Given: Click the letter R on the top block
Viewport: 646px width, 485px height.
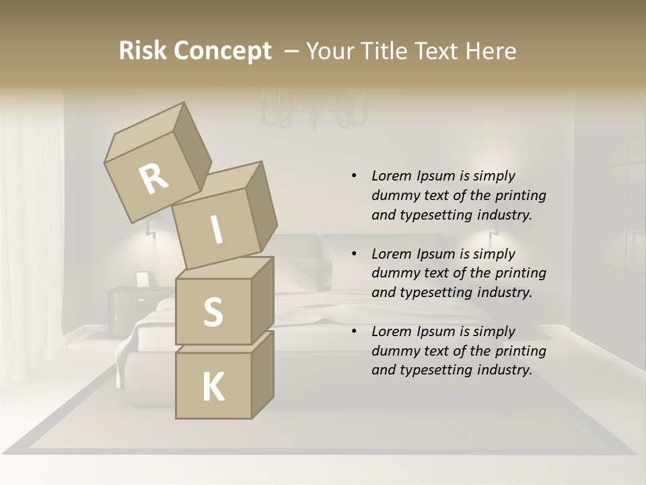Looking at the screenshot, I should click(x=154, y=179).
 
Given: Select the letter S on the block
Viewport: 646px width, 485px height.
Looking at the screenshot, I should click(x=213, y=313).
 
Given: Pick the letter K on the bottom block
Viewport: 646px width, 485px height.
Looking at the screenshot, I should click(x=213, y=387).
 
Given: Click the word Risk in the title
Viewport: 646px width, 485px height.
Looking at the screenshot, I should click(x=142, y=51).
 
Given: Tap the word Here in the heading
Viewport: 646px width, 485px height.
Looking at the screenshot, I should click(x=492, y=51).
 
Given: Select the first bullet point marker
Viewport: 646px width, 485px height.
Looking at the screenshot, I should click(x=354, y=176).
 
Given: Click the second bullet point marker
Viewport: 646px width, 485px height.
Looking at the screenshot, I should click(x=354, y=254).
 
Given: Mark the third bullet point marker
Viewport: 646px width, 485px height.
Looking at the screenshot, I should click(x=354, y=331).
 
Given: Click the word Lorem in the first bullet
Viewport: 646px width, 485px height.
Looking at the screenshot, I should click(x=391, y=176).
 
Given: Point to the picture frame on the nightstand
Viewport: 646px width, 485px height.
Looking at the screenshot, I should click(x=142, y=279).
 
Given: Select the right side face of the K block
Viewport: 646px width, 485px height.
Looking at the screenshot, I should click(x=262, y=374).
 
